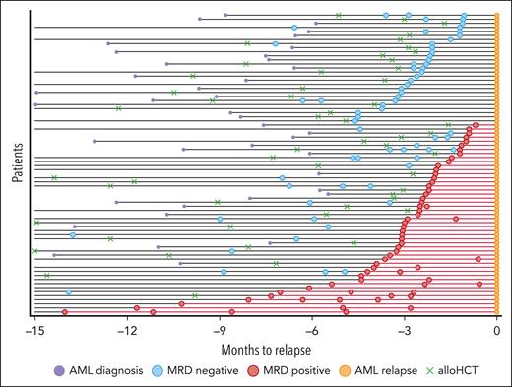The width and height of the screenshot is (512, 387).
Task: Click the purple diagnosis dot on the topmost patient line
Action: coord(225,15)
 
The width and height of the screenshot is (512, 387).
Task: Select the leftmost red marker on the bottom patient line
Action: coord(65,312)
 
